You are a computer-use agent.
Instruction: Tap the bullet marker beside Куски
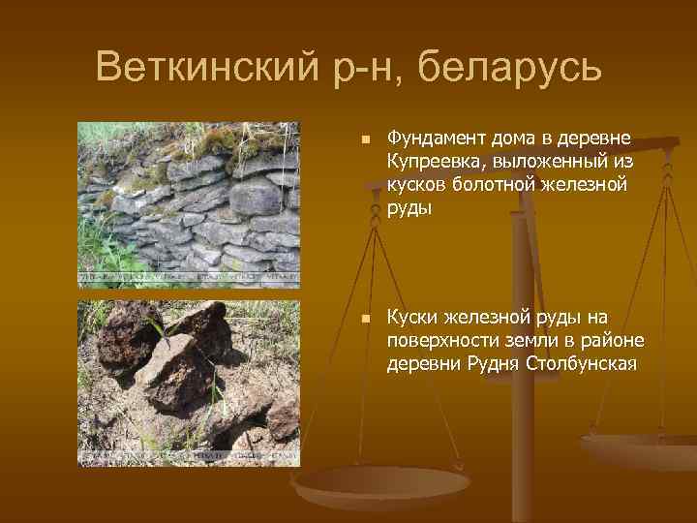coord(364,320)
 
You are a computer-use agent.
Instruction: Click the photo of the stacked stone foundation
coord(189,204)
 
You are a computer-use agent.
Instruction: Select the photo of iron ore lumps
coord(189,384)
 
